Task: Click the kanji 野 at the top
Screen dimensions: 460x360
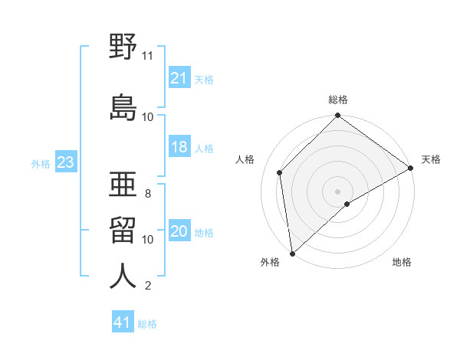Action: click(123, 46)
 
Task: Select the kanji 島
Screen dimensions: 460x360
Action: click(123, 107)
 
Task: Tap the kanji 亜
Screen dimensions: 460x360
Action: click(123, 184)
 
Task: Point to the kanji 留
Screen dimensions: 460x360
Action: click(123, 230)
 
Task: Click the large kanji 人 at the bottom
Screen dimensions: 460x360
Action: click(123, 276)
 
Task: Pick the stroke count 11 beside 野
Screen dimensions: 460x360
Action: click(147, 56)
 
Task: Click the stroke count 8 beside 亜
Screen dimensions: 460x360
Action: click(148, 194)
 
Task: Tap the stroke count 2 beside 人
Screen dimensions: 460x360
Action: click(148, 285)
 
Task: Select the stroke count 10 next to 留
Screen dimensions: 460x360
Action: click(147, 240)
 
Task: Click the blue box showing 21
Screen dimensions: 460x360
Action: click(179, 77)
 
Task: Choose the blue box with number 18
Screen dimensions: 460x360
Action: click(179, 146)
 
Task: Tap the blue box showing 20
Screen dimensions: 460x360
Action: click(179, 230)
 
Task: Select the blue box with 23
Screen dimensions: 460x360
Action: click(66, 162)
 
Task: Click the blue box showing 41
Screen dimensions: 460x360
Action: click(123, 321)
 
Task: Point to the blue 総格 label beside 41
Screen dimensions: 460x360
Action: click(147, 324)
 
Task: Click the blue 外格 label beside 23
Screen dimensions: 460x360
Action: click(41, 164)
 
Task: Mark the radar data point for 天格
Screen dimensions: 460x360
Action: click(410, 168)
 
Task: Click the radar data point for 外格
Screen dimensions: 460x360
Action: click(292, 254)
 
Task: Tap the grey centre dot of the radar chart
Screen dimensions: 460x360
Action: click(337, 191)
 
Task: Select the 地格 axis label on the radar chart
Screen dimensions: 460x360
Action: click(402, 262)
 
